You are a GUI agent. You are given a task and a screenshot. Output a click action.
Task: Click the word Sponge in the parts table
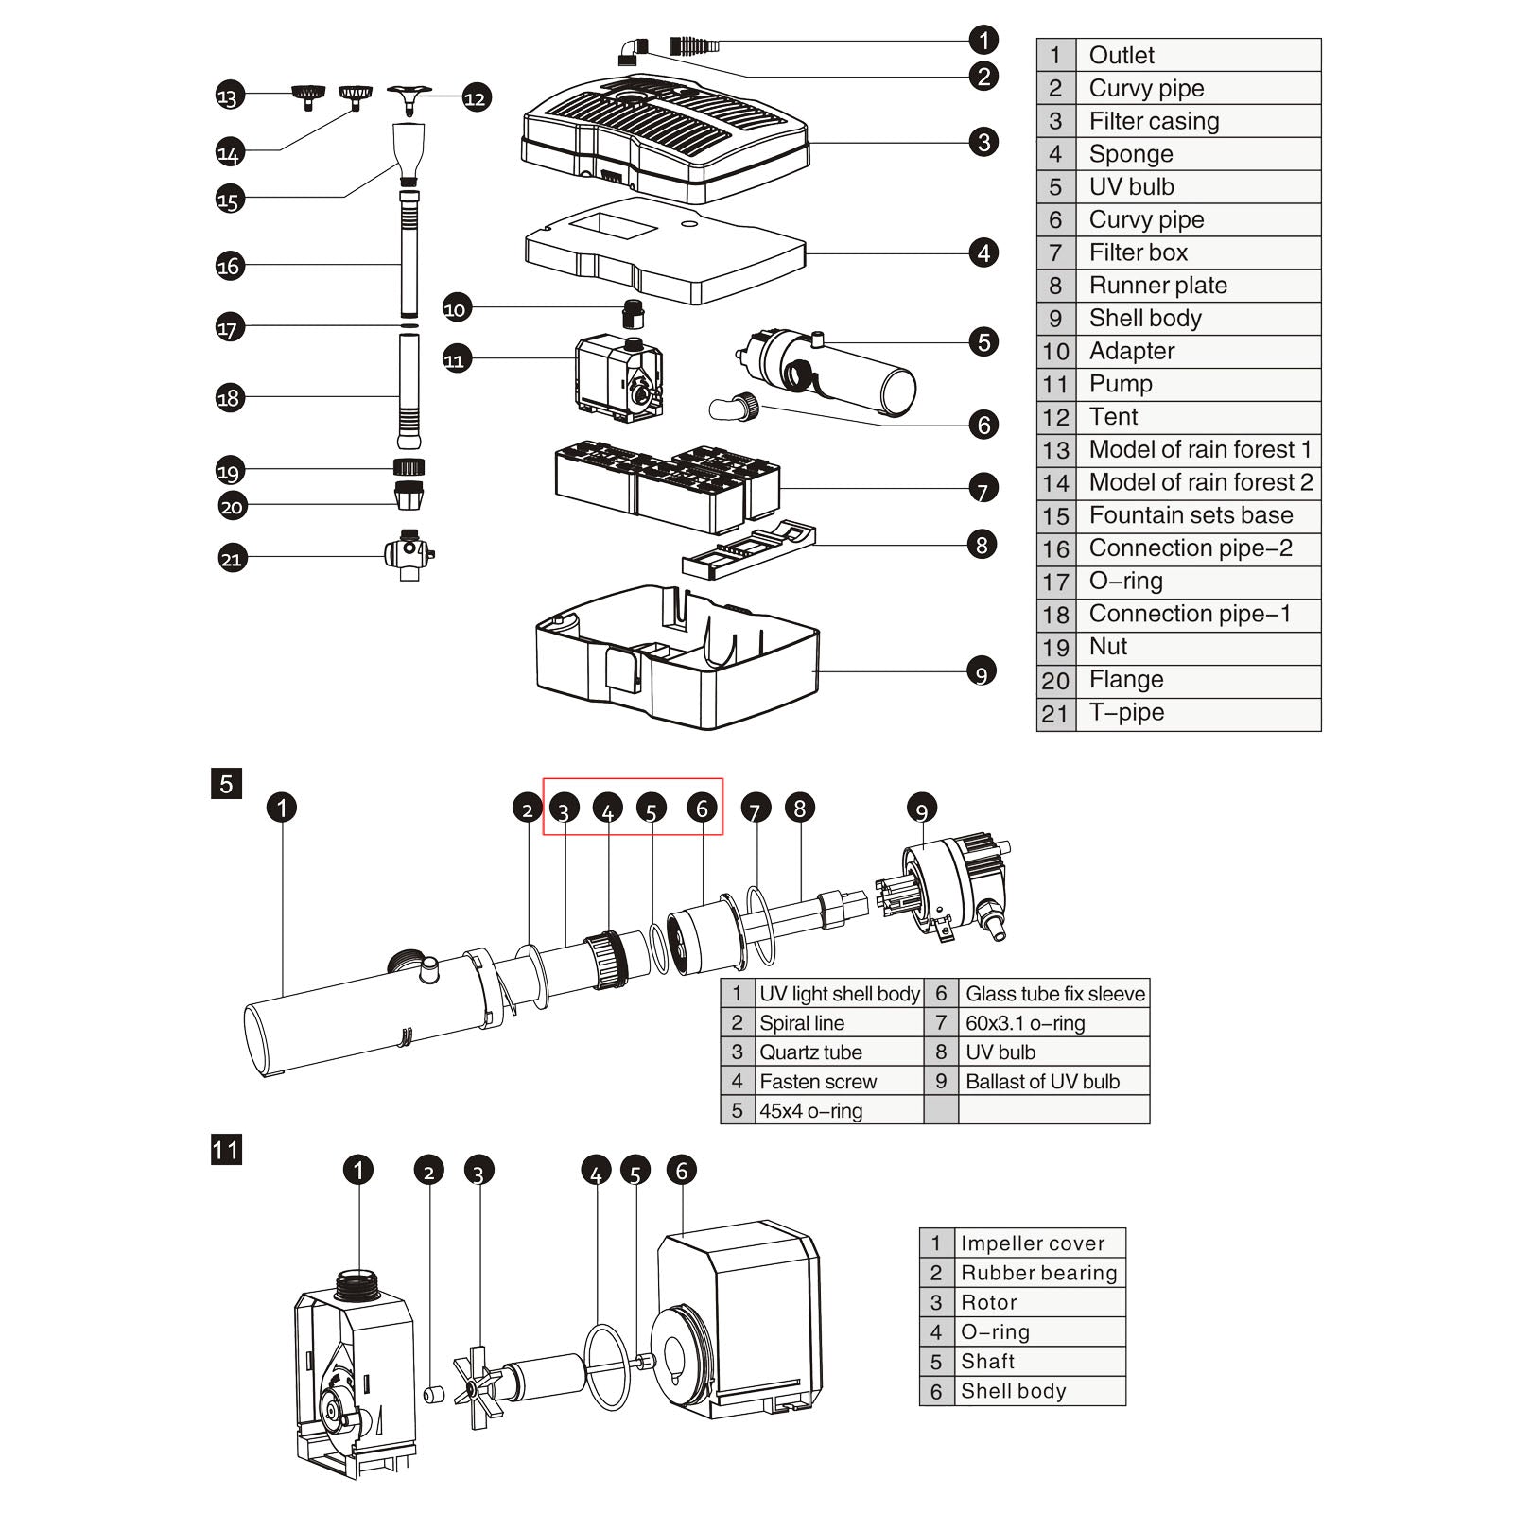pos(1130,154)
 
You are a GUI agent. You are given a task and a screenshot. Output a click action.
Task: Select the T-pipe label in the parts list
pos(1125,713)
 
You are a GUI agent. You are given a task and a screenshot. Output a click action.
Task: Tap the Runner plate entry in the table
pos(1157,286)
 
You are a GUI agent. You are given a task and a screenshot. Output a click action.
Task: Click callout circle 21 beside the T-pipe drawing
pos(232,559)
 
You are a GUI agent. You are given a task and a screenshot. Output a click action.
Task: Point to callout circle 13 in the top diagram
pos(228,96)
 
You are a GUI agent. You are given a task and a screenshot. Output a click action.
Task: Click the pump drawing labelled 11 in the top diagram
pos(619,378)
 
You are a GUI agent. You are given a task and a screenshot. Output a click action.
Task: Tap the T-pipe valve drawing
pos(409,554)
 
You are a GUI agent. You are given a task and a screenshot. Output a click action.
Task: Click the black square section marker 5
pos(226,784)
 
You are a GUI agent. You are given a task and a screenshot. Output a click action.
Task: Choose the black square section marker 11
pos(226,1150)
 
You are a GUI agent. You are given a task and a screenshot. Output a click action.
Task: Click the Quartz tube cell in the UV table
pos(810,1052)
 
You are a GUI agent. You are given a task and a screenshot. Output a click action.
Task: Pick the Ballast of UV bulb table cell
pos(1042,1082)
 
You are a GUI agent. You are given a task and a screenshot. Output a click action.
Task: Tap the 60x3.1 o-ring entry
pos(1025,1023)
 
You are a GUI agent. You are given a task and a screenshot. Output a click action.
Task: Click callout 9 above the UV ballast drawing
pos(922,809)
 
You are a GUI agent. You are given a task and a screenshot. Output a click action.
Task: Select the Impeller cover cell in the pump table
pos(1032,1243)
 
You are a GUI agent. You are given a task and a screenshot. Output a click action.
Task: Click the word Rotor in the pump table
pos(988,1303)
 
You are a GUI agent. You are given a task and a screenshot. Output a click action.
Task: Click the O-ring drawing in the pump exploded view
pos(606,1366)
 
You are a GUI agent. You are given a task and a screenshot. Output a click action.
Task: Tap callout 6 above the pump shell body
pos(682,1171)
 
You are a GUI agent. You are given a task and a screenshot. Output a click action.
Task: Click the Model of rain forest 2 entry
pos(1200,483)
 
